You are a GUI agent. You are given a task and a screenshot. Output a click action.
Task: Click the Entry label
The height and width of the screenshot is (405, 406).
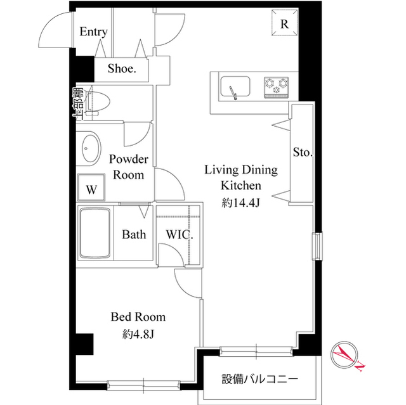click(93, 32)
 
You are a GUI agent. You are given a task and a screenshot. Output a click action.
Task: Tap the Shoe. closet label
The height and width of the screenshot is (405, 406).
click(121, 69)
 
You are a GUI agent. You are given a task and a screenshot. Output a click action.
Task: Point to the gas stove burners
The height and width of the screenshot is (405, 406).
click(276, 87)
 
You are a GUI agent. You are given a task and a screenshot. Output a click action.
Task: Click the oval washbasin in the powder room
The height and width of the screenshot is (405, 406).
click(89, 150)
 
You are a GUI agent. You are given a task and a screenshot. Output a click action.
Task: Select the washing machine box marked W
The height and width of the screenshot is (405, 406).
click(91, 189)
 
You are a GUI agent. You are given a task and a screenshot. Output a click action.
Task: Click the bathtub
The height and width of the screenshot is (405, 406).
click(95, 233)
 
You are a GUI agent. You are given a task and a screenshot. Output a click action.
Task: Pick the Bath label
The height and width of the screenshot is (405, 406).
click(134, 235)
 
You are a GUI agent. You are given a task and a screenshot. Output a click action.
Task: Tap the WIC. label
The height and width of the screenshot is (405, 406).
click(180, 235)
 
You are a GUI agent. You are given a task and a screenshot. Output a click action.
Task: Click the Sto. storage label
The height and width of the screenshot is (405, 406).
click(302, 153)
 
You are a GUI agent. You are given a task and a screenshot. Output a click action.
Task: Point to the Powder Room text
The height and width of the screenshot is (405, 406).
click(129, 167)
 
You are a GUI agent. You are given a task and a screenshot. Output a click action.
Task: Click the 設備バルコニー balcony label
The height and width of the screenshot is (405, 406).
click(259, 380)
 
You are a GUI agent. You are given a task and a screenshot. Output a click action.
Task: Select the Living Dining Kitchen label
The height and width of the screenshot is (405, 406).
click(240, 177)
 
